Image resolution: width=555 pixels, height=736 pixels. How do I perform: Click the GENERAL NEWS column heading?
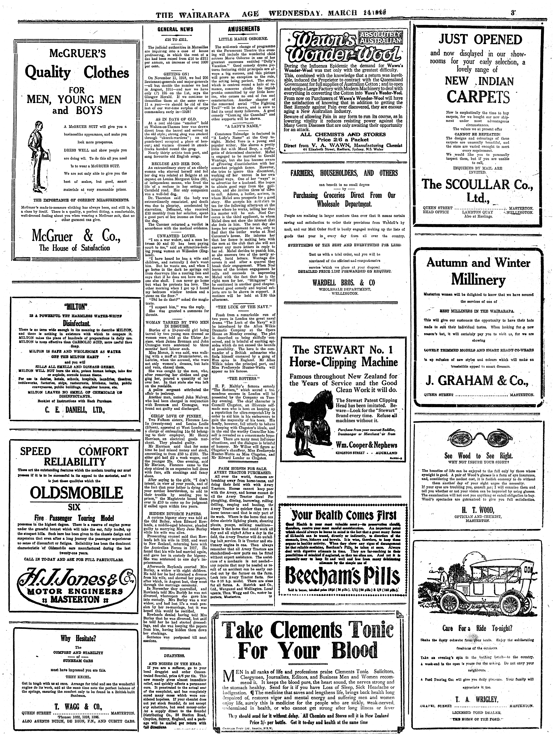[x=175, y=29]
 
